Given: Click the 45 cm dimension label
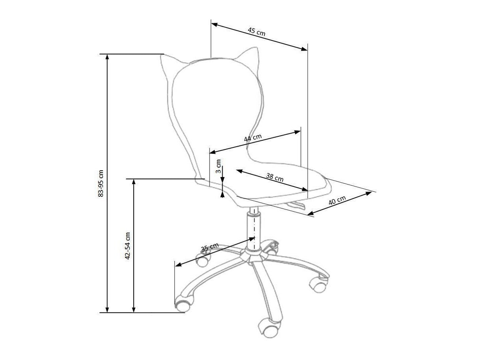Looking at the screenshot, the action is point(256,32).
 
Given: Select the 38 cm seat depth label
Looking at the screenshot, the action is point(275,177).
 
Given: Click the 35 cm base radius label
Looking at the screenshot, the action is point(210,247).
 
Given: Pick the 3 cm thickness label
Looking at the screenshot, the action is point(218,166).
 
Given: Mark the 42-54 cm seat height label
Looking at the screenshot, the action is point(127,246).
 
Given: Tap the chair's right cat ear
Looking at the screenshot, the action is point(249,57).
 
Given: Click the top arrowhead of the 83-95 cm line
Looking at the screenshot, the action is point(107,57).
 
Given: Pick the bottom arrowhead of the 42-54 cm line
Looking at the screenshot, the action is point(134,310).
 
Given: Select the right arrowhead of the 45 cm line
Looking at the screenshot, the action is point(304,49).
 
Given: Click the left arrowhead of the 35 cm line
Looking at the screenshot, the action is point(178,265).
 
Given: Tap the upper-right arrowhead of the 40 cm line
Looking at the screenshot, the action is point(369,193).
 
